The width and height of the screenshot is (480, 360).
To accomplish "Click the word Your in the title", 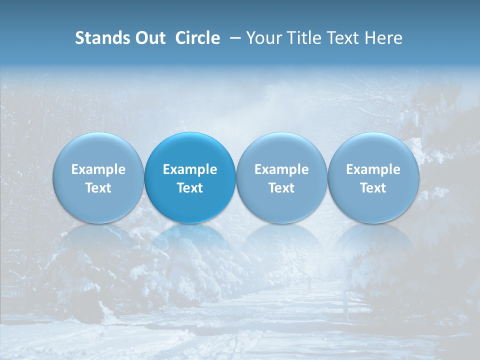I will [262, 38].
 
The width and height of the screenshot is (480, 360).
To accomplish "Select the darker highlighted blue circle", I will [190, 178].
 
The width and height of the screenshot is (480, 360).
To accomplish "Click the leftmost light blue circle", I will [98, 178].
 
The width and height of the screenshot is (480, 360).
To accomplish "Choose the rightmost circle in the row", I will [373, 178].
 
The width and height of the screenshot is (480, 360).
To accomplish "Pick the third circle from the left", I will [281, 178].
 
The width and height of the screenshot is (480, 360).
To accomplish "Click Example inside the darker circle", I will [190, 169].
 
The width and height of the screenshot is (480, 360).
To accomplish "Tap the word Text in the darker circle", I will [190, 188].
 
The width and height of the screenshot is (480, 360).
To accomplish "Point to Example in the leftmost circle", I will [98, 169].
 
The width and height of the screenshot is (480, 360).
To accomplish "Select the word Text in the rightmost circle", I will [373, 188].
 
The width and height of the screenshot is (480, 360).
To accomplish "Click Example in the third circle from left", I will [281, 169].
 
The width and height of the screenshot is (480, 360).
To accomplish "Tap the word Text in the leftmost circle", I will [98, 188].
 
